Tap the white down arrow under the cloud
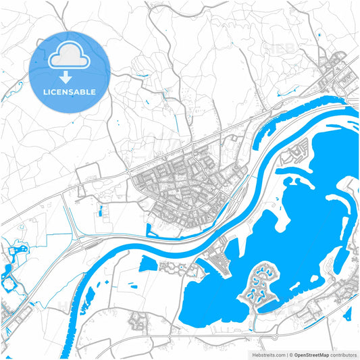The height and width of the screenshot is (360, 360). point(66,76)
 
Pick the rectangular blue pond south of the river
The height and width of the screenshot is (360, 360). point(147,264)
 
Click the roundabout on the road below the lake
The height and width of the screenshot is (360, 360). point(276,336)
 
